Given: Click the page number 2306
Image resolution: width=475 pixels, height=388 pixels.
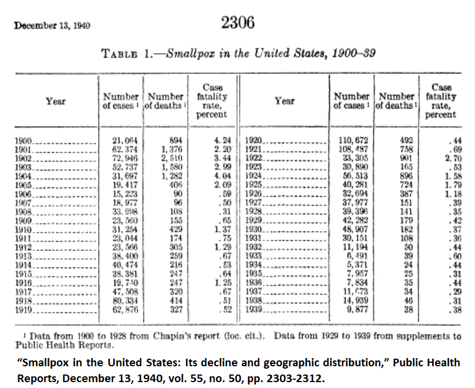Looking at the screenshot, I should click(238, 23).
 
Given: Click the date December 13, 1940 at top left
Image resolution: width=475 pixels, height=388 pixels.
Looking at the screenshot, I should click(52, 27).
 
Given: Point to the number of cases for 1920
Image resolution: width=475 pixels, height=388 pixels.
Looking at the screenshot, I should click(351, 141).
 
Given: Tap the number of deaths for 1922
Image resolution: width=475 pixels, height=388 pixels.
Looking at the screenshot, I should click(406, 158).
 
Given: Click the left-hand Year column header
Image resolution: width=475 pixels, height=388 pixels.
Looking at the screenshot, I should click(56, 102).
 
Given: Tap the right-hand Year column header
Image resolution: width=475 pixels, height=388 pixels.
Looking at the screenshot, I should click(285, 101).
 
